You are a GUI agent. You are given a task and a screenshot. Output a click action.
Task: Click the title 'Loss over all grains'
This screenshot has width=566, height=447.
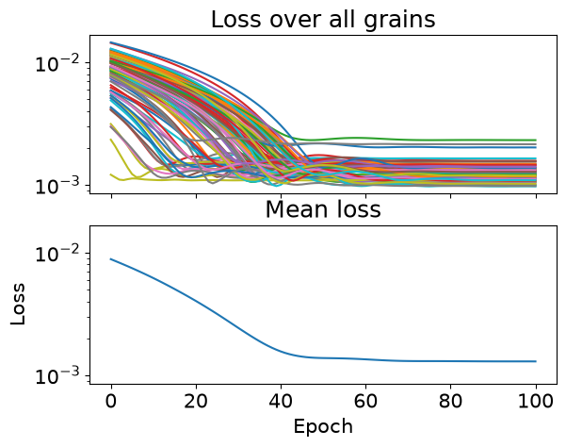(323, 20)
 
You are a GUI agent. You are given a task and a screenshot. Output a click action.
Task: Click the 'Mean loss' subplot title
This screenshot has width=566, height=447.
(323, 209)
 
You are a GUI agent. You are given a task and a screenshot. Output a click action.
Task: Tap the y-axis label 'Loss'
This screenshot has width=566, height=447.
(18, 305)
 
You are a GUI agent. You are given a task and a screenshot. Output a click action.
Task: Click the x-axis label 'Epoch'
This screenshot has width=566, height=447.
(323, 427)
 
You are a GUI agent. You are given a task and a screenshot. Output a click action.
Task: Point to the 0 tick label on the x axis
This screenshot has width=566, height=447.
(111, 402)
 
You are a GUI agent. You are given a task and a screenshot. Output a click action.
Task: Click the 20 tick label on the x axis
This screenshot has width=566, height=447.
(196, 402)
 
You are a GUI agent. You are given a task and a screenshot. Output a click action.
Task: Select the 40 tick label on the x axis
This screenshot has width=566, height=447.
(281, 402)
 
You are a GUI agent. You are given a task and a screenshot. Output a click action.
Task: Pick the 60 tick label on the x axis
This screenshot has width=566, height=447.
(365, 402)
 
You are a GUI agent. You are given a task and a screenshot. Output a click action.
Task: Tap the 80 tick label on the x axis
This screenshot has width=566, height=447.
(450, 402)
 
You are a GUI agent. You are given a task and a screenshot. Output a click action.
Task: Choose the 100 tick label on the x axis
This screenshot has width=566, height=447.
(536, 402)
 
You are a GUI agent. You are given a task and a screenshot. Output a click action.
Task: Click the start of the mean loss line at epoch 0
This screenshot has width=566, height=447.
(111, 259)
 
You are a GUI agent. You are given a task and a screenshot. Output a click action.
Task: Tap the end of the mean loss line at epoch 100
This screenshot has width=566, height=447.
(536, 361)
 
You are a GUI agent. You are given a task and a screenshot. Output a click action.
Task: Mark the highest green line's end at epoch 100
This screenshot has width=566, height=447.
(536, 141)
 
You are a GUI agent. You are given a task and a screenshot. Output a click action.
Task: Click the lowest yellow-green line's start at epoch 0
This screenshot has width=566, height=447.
(111, 174)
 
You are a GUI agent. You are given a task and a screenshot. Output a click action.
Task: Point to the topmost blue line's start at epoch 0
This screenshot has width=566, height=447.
(111, 42)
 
